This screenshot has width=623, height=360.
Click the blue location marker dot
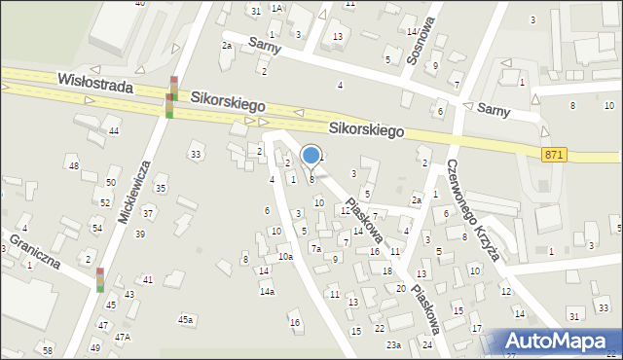tap(311, 155)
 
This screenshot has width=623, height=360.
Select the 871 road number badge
tap(554, 155)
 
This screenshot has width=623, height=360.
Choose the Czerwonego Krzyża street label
tap(473, 211)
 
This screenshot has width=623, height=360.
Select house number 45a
tap(185, 319)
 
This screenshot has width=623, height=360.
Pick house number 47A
tap(123, 337)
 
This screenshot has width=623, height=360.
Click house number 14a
tap(267, 291)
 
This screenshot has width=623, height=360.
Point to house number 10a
tap(284, 257)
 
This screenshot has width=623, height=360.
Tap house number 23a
tap(393, 344)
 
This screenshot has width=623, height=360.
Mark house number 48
tap(74, 166)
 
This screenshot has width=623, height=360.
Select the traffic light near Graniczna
tap(99, 280)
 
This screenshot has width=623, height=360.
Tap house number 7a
tap(315, 249)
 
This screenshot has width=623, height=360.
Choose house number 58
tap(47, 349)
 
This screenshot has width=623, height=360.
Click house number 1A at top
tap(276, 8)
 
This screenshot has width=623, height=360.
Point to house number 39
tap(140, 234)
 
